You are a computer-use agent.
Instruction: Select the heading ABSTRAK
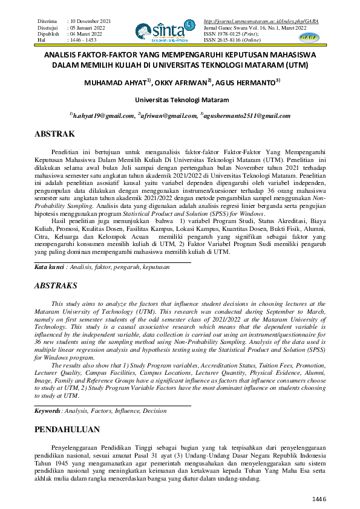coord(54,134)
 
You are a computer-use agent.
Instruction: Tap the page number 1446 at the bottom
coord(319,499)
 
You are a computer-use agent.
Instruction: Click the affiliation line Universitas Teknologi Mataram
coord(180,99)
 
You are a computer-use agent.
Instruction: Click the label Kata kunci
coord(48,266)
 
